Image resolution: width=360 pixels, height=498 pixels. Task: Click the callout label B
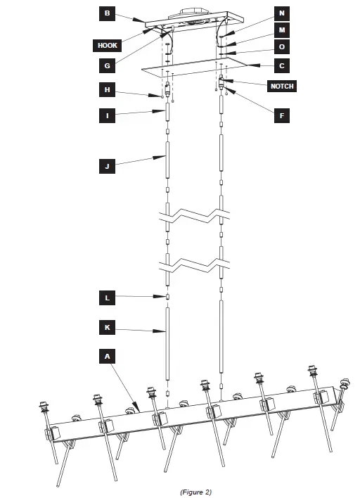(107, 13)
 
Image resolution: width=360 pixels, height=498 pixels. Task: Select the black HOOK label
(108, 45)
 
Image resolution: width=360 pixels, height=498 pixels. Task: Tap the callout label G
(107, 65)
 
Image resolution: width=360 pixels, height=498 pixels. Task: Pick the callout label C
(282, 66)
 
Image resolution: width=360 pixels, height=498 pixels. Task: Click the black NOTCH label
(281, 86)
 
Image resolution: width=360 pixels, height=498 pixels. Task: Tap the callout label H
(107, 90)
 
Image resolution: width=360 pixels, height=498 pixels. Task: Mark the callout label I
(107, 115)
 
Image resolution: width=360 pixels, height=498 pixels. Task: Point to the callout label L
(107, 298)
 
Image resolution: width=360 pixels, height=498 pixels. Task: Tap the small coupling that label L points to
(167, 295)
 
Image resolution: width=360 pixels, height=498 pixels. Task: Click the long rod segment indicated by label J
(167, 160)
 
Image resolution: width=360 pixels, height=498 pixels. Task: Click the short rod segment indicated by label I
(167, 112)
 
